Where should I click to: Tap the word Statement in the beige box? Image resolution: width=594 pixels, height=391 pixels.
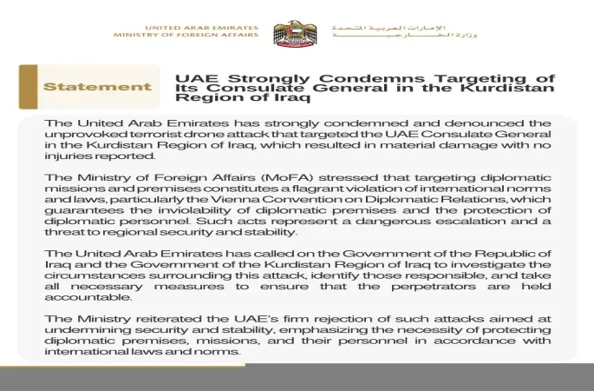click(97, 87)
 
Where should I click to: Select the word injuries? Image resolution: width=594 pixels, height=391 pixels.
click(67, 156)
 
